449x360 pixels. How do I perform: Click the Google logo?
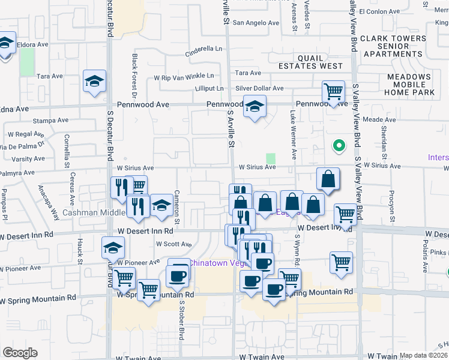[x=20, y=353]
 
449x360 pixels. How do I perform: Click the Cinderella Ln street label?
[x=203, y=49]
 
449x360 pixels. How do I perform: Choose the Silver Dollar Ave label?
[x=259, y=88]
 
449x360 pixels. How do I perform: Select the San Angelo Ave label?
[x=256, y=23]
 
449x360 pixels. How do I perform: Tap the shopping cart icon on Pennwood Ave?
[x=333, y=92]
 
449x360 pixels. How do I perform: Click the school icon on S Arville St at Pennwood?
[x=255, y=107]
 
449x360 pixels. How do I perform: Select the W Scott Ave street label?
[x=173, y=244]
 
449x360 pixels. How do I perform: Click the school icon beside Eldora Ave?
[x=5, y=44]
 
